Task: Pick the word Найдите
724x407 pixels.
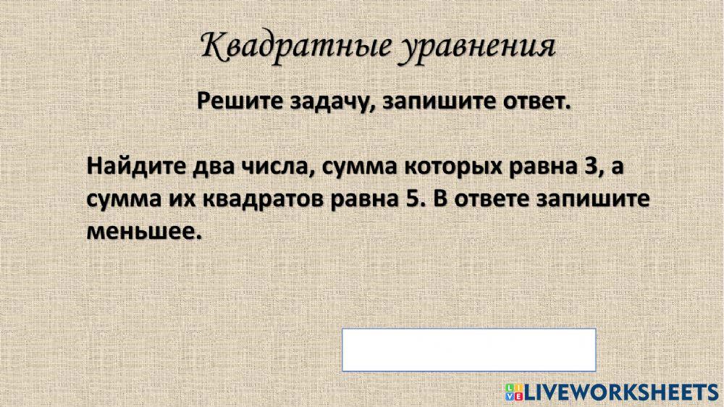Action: point(135,167)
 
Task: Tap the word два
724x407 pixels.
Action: point(213,167)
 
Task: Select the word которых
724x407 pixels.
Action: point(445,167)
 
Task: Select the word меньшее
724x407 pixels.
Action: point(142,232)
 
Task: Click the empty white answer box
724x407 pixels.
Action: point(468,350)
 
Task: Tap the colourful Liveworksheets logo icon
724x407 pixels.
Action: point(513,392)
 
